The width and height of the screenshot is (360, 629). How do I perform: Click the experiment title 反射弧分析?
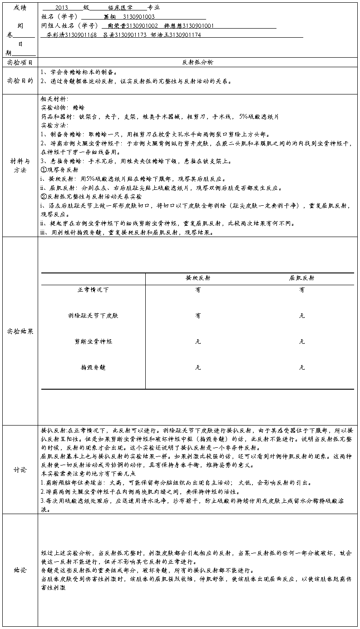[x=197, y=62]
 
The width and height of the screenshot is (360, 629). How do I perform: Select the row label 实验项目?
[x=20, y=62]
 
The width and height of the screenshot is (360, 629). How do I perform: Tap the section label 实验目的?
[x=20, y=81]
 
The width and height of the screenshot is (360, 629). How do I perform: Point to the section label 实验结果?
[x=20, y=331]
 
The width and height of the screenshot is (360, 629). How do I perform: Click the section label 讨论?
[x=20, y=470]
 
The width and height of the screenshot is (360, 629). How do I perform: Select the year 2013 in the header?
[x=62, y=8]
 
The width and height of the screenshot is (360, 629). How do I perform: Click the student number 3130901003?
[x=139, y=17]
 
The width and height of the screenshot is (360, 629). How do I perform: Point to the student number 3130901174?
[x=185, y=35]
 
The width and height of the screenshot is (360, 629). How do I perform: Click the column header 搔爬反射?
[x=198, y=278]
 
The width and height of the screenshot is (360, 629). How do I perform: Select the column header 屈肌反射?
[x=302, y=278]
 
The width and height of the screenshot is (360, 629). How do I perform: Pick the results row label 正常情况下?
[x=93, y=290]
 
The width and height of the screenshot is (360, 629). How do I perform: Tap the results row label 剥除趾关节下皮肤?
[x=93, y=315]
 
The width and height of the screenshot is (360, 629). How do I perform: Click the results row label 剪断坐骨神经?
[x=93, y=341]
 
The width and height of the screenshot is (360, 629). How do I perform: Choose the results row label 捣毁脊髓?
[x=93, y=367]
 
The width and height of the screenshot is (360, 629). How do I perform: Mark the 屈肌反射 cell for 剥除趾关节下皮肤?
[x=302, y=315]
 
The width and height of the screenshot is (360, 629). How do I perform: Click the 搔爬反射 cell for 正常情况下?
[x=198, y=290]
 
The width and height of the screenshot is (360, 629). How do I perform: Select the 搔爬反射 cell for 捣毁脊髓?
[x=198, y=367]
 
